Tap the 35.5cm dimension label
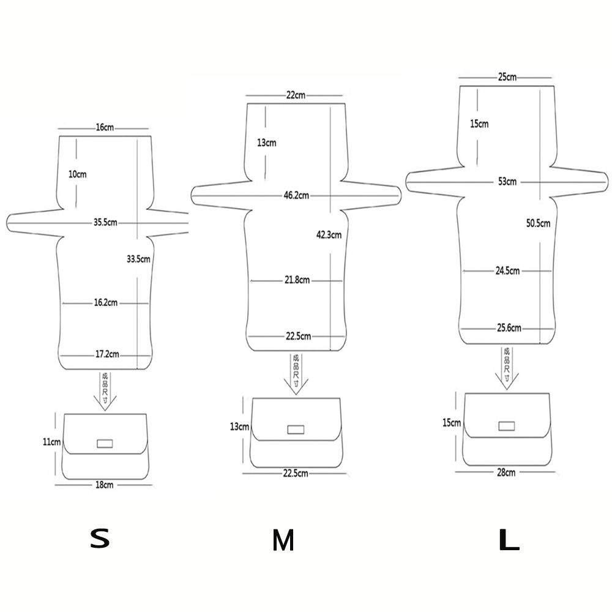point(105,223)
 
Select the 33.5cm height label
point(138,259)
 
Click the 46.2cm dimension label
point(296,196)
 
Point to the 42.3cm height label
point(329,234)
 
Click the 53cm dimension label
point(507,182)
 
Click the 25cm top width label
point(507,77)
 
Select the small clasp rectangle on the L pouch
point(507,425)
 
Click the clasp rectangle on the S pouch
point(105,443)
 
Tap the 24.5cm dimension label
point(507,271)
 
